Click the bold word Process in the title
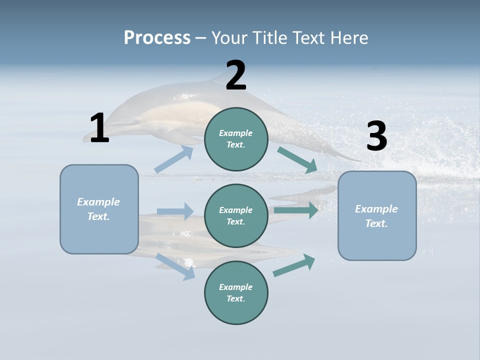(157, 38)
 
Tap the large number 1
(99, 128)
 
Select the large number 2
(236, 75)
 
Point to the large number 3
(376, 136)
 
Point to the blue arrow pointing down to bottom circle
(175, 266)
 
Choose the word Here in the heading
(350, 38)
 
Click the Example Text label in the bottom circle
(236, 293)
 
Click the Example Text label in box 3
(376, 216)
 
